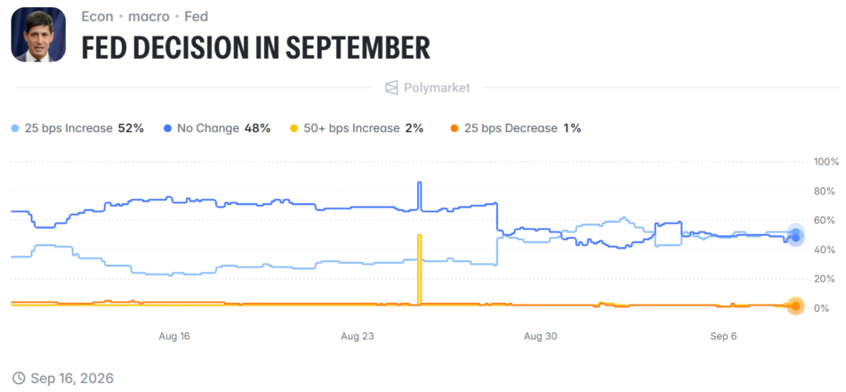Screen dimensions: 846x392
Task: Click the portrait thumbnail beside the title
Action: pyautogui.click(x=38, y=35)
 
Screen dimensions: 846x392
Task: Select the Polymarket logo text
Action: pyautogui.click(x=437, y=87)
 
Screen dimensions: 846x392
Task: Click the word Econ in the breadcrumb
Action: pyautogui.click(x=98, y=16)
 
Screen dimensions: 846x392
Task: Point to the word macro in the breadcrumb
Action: pyautogui.click(x=149, y=16)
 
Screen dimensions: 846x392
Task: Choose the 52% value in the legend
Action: pyautogui.click(x=131, y=128)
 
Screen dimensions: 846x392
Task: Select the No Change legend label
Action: pyautogui.click(x=208, y=128)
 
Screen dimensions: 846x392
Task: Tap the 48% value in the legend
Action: pyautogui.click(x=257, y=128)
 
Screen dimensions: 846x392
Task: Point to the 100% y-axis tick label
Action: pyautogui.click(x=826, y=161)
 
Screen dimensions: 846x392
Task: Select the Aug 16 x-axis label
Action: pyautogui.click(x=174, y=336)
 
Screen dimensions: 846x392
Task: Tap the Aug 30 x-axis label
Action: pyautogui.click(x=541, y=336)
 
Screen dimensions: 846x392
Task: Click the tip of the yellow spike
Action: pyautogui.click(x=419, y=234)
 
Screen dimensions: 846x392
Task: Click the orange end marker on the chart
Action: pyautogui.click(x=795, y=306)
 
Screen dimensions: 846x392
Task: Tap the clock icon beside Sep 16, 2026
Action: pyautogui.click(x=19, y=378)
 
